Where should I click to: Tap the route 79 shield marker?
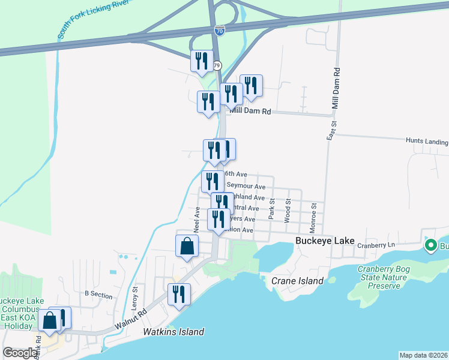coord(217,65)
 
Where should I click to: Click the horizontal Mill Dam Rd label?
coord(249,111)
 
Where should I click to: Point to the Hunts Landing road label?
coord(427,142)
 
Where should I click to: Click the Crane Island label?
coord(297,281)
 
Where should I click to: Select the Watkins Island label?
coord(173,332)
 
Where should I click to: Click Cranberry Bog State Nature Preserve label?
coord(387,277)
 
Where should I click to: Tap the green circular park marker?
coord(430,245)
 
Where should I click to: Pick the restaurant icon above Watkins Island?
coord(179,294)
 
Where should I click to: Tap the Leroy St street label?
coord(136,297)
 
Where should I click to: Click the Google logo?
coord(20,353)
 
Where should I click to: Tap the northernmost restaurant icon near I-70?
coord(201,61)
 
